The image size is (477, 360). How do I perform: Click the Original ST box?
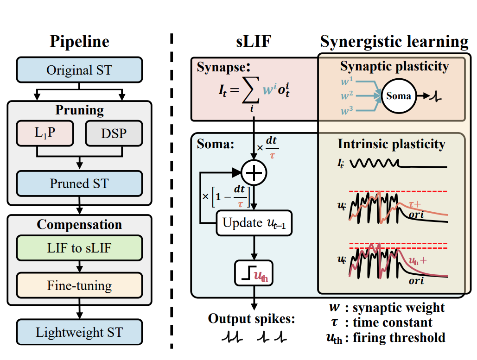pyautogui.click(x=79, y=70)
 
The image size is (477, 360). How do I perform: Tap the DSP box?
pyautogui.click(x=114, y=133)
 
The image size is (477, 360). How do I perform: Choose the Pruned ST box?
pyautogui.click(x=79, y=183)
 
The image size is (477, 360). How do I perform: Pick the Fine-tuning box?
pyautogui.click(x=79, y=285)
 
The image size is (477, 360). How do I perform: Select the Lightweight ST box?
pyautogui.click(x=79, y=332)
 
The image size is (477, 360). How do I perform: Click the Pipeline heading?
pyautogui.click(x=80, y=42)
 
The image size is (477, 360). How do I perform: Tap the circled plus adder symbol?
pyautogui.click(x=254, y=173)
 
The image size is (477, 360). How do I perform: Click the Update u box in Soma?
pyautogui.click(x=254, y=222)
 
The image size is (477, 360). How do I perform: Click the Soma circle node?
pyautogui.click(x=398, y=96)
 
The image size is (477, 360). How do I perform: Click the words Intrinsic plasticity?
pyautogui.click(x=391, y=144)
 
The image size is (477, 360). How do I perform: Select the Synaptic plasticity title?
pyautogui.click(x=394, y=66)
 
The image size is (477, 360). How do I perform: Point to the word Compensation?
pyautogui.click(x=79, y=225)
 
